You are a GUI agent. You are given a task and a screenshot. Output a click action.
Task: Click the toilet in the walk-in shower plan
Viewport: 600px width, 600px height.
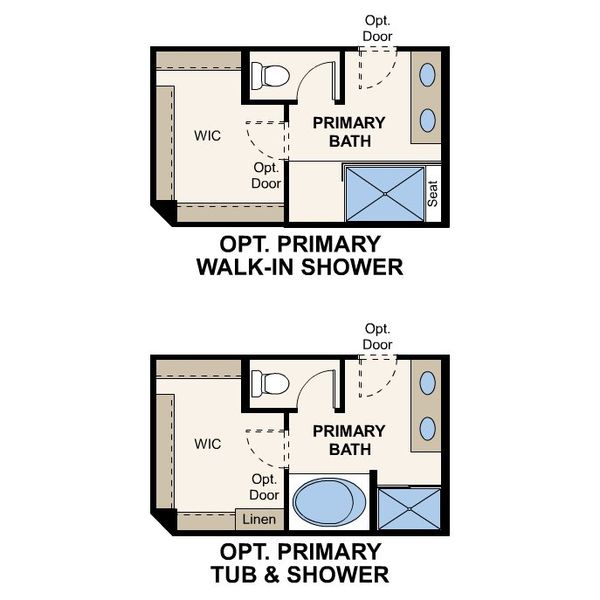(270, 75)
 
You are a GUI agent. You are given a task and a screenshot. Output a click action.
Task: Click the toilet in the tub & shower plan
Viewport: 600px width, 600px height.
(270, 382)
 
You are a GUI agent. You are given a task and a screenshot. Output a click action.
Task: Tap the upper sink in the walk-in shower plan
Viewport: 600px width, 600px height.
(427, 75)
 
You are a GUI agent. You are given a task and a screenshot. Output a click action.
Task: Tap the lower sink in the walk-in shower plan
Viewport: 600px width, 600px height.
(427, 119)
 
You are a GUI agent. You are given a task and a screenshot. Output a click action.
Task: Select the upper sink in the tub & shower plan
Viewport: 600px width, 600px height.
(427, 383)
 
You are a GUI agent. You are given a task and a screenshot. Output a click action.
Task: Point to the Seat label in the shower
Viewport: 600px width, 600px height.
(433, 193)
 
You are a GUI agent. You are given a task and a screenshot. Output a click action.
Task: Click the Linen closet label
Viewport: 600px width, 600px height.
(259, 520)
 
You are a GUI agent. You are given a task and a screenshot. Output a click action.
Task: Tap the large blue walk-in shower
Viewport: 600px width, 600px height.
(385, 195)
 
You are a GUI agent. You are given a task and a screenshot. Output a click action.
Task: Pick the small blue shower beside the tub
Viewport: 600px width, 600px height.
(409, 509)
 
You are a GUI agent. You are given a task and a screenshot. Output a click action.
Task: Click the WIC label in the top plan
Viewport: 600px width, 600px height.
(207, 134)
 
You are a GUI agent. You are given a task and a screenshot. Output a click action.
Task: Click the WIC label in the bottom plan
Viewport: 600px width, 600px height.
(207, 443)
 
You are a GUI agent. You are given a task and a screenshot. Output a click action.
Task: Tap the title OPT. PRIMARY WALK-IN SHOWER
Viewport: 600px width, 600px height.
(300, 256)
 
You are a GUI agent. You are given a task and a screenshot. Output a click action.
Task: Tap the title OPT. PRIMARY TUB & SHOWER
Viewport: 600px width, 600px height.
(300, 563)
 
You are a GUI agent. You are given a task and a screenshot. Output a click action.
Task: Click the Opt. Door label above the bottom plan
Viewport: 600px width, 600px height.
(377, 336)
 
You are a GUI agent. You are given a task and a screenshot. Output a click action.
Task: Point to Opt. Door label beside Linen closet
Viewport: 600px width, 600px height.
(264, 487)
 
